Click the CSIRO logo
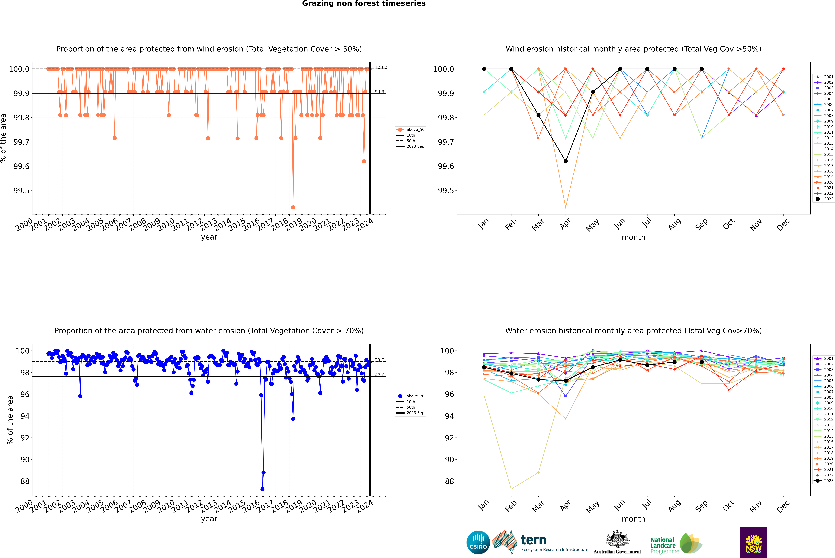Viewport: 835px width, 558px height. (478, 542)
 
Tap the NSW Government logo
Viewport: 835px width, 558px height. (753, 542)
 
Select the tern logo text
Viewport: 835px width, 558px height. (533, 540)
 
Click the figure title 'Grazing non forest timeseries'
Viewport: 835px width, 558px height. (364, 4)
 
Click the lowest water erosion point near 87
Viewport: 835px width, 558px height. (262, 489)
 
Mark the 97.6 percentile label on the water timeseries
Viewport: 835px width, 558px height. (379, 375)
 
